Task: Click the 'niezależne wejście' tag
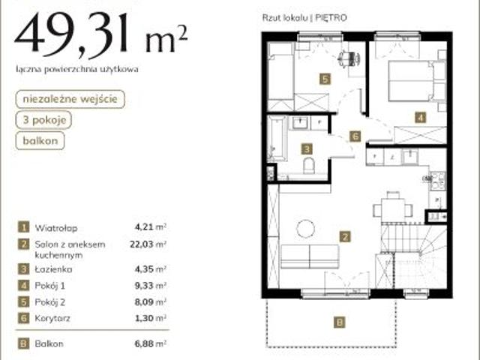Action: (x=70, y=99)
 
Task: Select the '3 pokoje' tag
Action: (x=43, y=120)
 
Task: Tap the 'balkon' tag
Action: (x=40, y=140)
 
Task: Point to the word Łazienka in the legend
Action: (x=53, y=269)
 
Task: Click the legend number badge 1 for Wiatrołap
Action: (x=23, y=227)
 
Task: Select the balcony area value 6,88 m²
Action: (x=150, y=343)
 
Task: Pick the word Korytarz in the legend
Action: (x=52, y=318)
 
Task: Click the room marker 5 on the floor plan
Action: (x=325, y=79)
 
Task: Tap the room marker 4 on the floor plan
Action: (x=421, y=117)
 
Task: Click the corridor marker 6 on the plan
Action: (x=355, y=136)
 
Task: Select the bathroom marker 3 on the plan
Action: (x=307, y=149)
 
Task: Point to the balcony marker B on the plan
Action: (x=339, y=322)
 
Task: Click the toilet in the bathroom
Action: (x=309, y=166)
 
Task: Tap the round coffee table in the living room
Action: (x=305, y=229)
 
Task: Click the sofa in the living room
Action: (x=310, y=256)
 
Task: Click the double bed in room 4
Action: (x=413, y=81)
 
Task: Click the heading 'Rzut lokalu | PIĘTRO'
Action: (x=304, y=18)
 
